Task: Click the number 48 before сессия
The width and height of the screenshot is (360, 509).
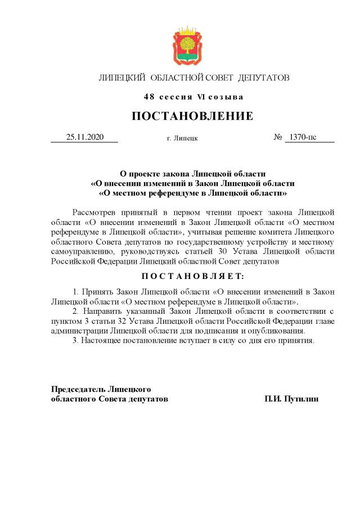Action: click(148, 97)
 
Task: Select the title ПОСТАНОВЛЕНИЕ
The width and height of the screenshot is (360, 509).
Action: click(192, 116)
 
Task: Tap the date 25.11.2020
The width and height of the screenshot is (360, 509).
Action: click(84, 137)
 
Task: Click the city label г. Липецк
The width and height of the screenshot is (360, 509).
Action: click(182, 138)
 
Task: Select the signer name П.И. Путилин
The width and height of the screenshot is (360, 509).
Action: click(291, 398)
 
